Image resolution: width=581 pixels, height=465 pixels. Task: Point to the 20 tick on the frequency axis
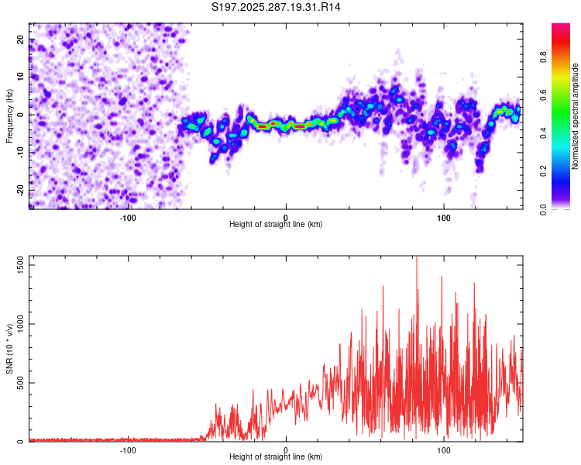pos(20,39)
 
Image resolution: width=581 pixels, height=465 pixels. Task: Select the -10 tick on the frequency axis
pos(20,153)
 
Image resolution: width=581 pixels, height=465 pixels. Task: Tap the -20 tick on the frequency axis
pos(20,190)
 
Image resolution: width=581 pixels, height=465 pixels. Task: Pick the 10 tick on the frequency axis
pos(20,77)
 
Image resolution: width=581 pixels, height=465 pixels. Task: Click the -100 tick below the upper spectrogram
pos(128,217)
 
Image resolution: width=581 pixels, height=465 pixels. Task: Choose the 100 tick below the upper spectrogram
pos(444,217)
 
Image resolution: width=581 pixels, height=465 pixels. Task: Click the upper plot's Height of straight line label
pos(276,225)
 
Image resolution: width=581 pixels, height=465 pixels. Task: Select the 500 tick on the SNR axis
pos(20,383)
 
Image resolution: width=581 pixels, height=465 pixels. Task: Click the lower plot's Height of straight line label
pos(276,457)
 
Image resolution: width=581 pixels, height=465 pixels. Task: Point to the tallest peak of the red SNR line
pos(417,257)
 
